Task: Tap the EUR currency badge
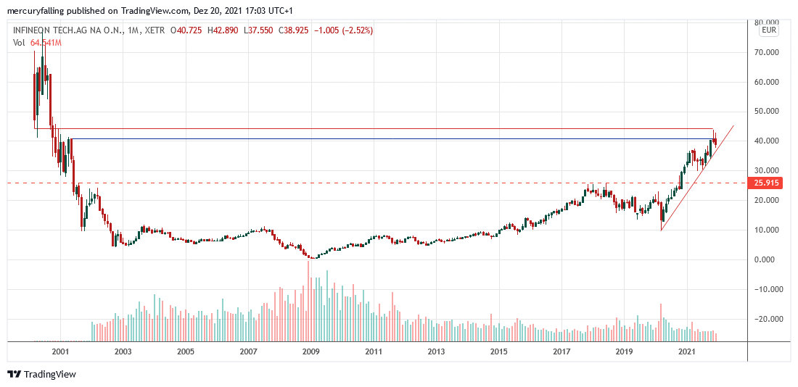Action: (769, 30)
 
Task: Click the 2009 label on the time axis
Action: (310, 351)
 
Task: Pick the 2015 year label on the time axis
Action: (498, 351)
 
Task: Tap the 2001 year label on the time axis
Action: (59, 351)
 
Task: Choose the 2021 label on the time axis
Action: (687, 351)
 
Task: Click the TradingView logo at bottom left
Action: (41, 374)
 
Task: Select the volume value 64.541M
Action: (46, 43)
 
